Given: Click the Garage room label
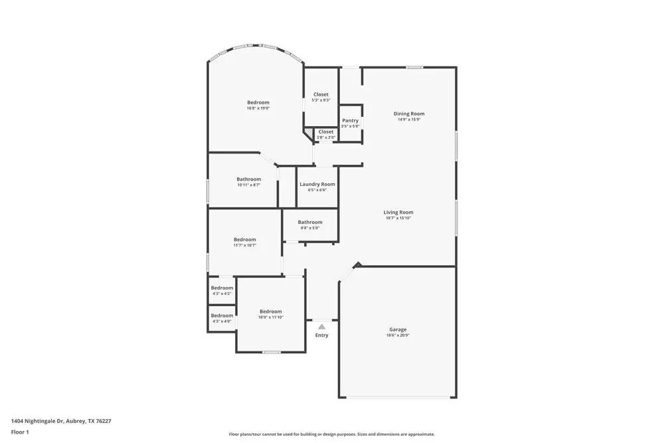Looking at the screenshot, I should point(398,329).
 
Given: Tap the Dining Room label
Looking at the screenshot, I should point(410,114).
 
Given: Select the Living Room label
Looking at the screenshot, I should point(398,213).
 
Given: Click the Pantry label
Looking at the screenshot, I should point(351,120).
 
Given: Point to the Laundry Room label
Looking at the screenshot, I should point(317,184).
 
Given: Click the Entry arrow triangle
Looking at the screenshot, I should point(321,326).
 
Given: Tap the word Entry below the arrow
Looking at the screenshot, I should point(321,335).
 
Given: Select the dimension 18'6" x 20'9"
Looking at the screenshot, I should point(398,335).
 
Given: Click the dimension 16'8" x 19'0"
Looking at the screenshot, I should point(258,108).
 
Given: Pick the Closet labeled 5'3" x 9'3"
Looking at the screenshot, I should point(321,94).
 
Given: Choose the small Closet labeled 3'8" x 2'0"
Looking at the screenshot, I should point(326,132).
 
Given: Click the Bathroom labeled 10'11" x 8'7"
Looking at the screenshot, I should point(249,179).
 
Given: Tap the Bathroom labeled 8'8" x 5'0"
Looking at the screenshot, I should point(310,222).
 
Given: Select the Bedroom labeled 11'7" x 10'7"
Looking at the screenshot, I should point(244,240).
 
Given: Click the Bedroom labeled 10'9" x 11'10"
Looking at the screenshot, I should point(271,311).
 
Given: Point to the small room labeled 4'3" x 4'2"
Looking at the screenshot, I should point(222,288).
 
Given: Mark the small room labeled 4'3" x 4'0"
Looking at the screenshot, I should point(222,316).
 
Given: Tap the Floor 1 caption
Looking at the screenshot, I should point(21,432).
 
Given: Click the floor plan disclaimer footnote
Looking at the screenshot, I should point(332,434).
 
